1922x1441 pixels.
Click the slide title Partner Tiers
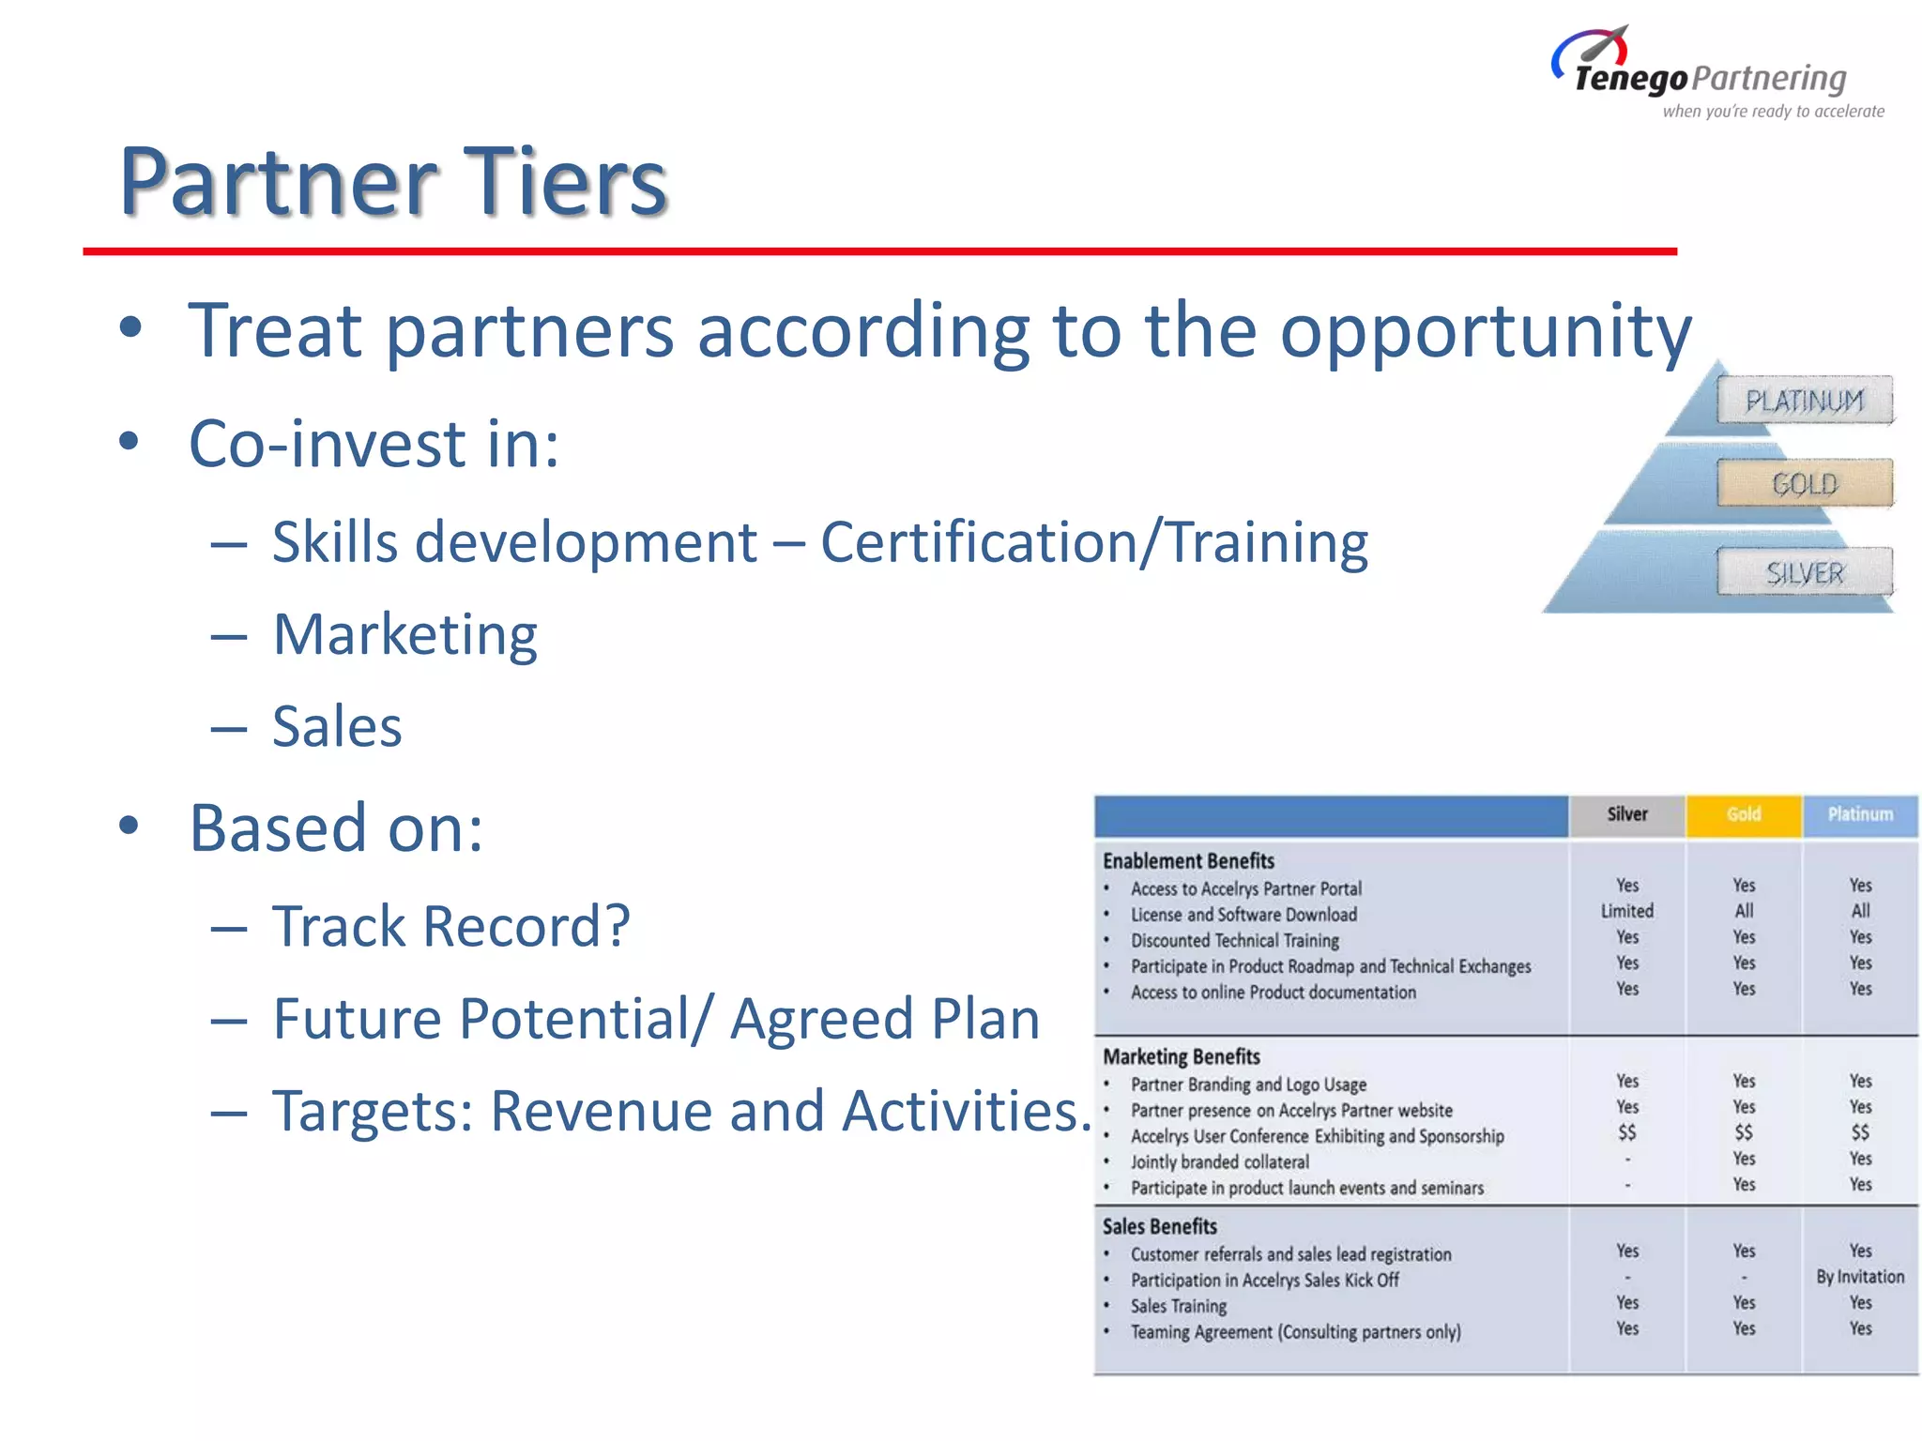tap(393, 182)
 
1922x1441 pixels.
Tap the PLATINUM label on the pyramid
tap(1804, 402)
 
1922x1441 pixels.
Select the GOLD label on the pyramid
tap(1804, 484)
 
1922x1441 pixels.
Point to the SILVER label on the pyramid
tap(1805, 572)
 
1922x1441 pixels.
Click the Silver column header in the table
tap(1626, 814)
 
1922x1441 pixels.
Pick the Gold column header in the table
tap(1743, 814)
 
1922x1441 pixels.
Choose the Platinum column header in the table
tap(1859, 814)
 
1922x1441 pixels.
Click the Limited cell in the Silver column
tap(1626, 911)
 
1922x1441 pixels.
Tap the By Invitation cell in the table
tap(1859, 1277)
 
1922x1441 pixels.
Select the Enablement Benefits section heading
tap(1188, 861)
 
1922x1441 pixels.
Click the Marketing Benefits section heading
tap(1181, 1057)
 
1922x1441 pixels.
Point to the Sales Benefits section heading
tap(1159, 1227)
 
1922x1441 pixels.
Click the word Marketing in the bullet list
tap(404, 635)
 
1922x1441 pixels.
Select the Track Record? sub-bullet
tap(450, 927)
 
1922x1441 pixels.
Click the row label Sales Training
tap(1178, 1306)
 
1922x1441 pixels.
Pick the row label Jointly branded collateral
tap(1219, 1162)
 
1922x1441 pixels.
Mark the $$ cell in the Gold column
tap(1743, 1133)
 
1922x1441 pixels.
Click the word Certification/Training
tap(1093, 543)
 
